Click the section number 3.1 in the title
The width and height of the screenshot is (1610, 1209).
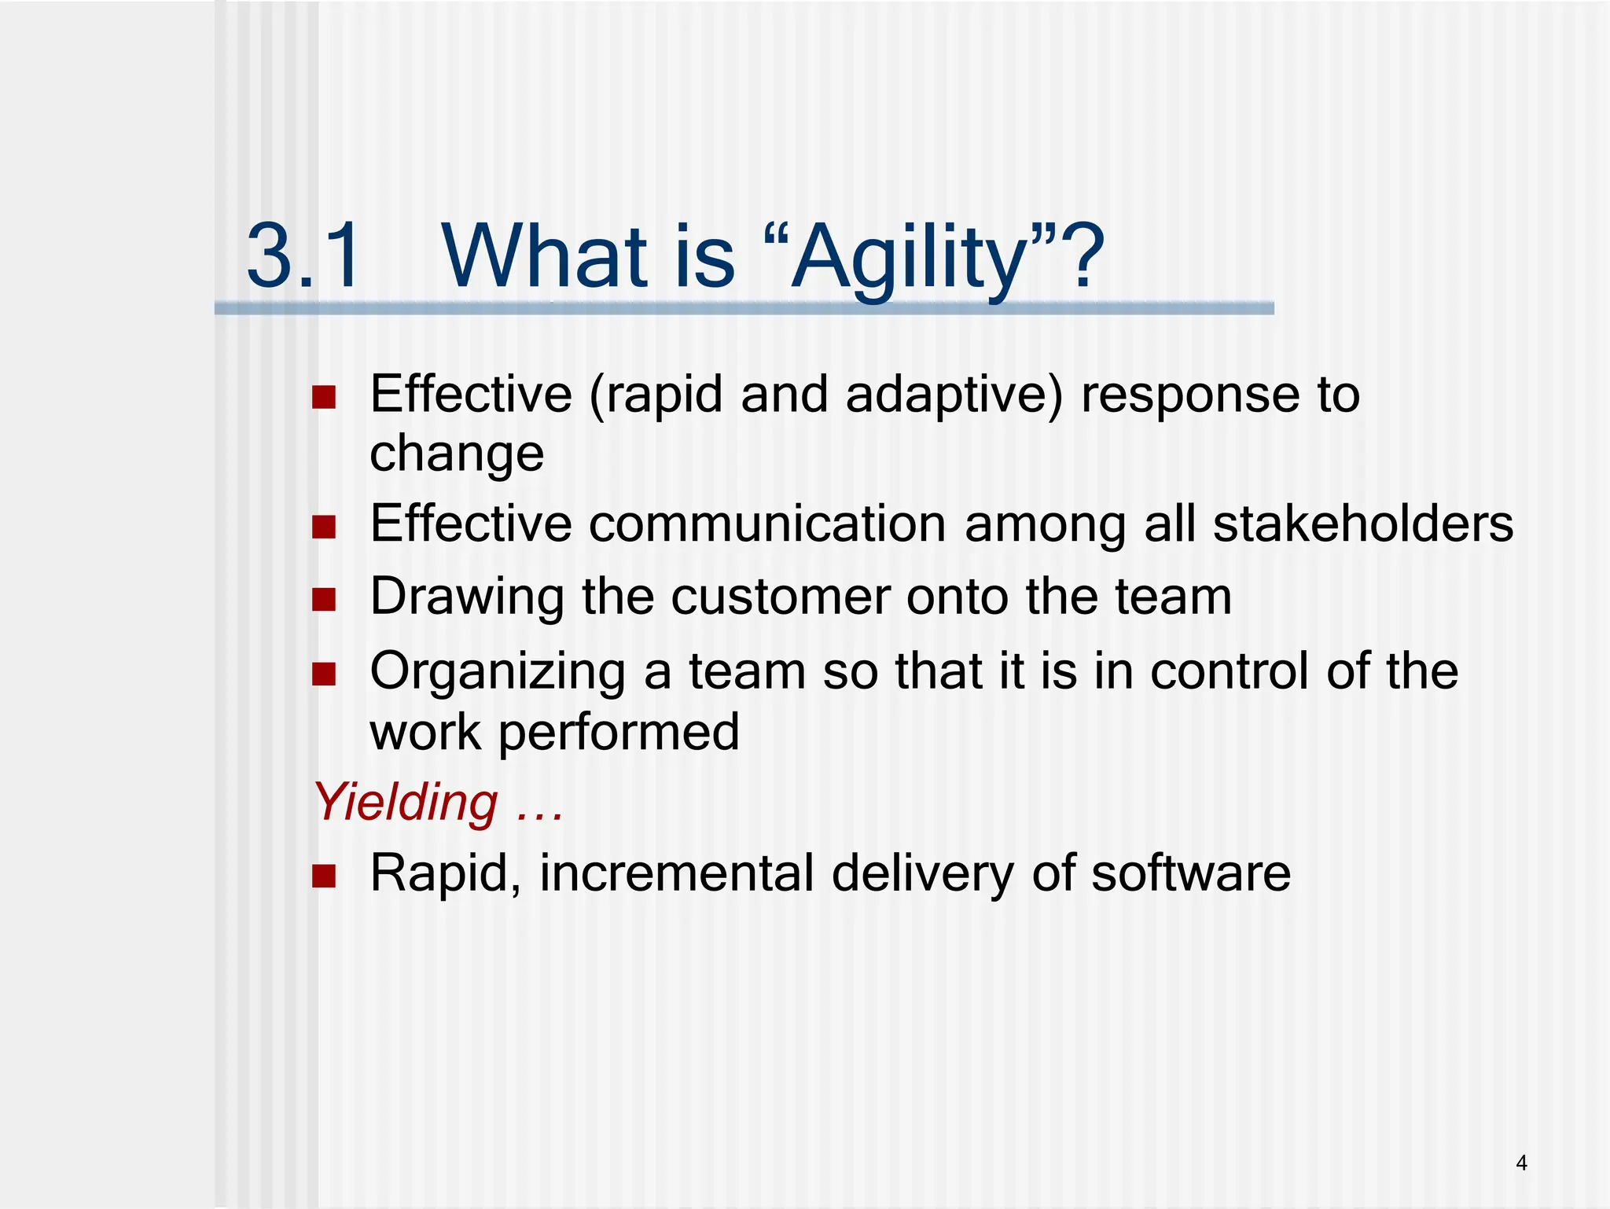coord(303,256)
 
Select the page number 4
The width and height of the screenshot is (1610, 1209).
coord(1521,1163)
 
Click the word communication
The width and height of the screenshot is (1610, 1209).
coord(767,524)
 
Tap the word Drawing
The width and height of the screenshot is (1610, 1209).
coord(467,597)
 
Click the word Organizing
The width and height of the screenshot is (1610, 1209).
coord(498,673)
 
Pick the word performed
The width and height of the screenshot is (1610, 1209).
coord(619,733)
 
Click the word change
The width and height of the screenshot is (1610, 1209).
coord(457,454)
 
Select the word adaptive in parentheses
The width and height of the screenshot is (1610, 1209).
coord(948,395)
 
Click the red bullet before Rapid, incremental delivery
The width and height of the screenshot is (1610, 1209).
coord(324,875)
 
